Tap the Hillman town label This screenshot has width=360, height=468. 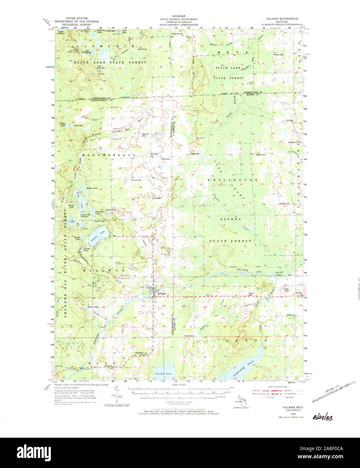tap(162, 294)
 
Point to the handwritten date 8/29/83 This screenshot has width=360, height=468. tap(323, 418)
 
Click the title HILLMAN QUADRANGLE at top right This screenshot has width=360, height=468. tap(281, 19)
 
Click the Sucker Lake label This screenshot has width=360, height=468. tap(93, 307)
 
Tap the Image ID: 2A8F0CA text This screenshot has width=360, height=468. tap(332, 449)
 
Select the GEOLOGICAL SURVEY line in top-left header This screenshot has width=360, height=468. tap(76, 25)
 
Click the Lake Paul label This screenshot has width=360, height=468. tap(142, 49)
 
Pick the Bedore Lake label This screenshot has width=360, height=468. tap(92, 188)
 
